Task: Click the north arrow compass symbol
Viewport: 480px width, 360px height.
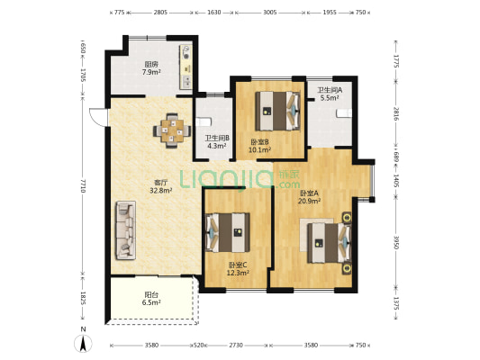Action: coord(83,343)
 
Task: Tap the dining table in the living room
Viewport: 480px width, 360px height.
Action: coord(172,130)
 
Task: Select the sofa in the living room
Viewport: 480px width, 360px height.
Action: coord(125,230)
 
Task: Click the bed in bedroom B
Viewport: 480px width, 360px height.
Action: coord(277,111)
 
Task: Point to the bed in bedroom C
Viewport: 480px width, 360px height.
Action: coord(228,232)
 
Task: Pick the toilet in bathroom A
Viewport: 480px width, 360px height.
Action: coord(344,113)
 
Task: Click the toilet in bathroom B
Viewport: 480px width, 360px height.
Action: coord(203,121)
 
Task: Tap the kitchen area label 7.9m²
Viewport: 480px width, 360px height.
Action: coord(151,72)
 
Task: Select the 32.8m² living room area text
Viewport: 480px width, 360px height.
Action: coord(160,190)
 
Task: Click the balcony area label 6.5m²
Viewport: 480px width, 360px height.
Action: coord(151,302)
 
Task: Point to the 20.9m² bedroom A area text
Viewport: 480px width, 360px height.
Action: coord(310,201)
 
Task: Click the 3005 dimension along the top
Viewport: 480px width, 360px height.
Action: coord(270,13)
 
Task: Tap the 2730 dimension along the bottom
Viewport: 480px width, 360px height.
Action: coord(236,346)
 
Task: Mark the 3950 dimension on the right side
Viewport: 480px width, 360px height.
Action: coord(396,242)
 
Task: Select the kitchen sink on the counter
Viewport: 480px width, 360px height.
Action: coord(186,82)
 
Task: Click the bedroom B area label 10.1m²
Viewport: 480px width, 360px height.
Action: coord(259,150)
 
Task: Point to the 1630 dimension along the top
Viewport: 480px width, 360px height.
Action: coord(214,13)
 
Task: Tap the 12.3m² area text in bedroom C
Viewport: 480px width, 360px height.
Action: coord(237,273)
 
